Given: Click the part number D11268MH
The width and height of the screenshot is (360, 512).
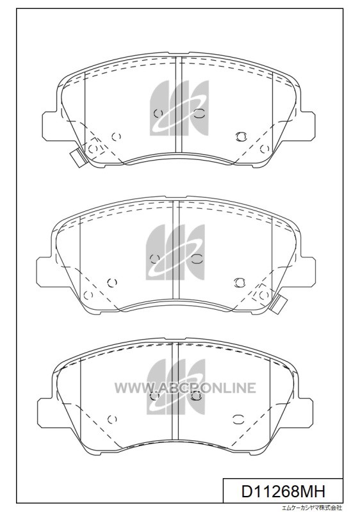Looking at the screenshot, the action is (x=283, y=491).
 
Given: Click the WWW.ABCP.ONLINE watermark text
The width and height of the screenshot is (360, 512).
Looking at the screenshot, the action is (x=185, y=388).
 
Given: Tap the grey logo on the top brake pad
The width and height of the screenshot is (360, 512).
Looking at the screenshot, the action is (x=179, y=108).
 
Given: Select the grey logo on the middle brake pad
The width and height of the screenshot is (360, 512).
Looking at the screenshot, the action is (x=176, y=252).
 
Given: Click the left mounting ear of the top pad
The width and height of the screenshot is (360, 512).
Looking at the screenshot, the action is (x=52, y=125).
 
